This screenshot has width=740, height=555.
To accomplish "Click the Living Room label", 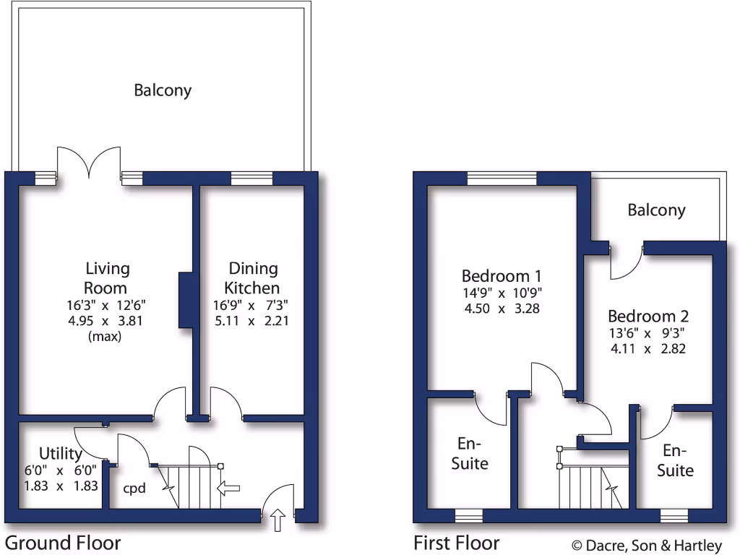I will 108,278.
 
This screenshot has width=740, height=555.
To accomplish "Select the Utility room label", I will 61,454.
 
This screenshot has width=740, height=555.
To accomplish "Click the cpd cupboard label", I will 134,489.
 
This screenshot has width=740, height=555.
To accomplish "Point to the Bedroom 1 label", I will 502,276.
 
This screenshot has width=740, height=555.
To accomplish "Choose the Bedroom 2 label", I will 647,316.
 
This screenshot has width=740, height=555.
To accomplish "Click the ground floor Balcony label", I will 163,90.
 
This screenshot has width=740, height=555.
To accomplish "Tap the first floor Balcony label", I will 656,210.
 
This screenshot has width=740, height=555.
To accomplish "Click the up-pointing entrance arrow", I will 278,519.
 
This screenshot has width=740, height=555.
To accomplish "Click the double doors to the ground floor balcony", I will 88,163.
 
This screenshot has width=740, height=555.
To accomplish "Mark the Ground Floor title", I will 63,543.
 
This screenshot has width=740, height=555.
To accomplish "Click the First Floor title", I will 456,543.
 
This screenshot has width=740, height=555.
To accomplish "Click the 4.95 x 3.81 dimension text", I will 108,321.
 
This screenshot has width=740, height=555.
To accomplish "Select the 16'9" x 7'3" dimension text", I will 251,305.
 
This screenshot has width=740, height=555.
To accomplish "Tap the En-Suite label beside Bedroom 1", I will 470,453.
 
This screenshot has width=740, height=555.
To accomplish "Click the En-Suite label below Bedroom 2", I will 674,460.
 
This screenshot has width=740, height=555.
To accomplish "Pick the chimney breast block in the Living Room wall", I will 185,300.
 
